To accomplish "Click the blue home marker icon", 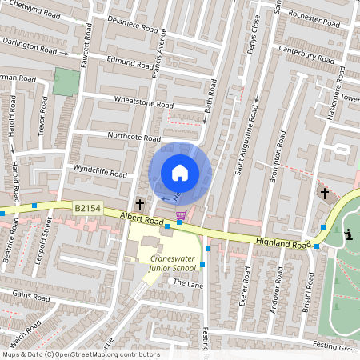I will tap(180, 172).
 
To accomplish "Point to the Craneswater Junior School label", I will tap(180, 264).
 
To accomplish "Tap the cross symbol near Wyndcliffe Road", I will tap(140, 204).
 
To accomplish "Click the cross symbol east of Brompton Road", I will tap(325, 193).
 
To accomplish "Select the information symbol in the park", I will tap(350, 234).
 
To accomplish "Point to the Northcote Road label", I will tap(134, 137).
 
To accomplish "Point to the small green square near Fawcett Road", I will tap(67, 81).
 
